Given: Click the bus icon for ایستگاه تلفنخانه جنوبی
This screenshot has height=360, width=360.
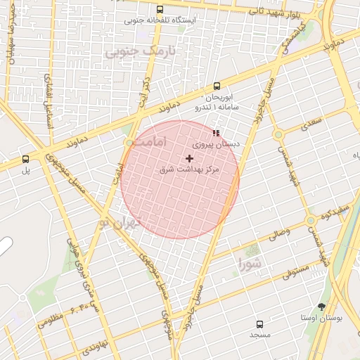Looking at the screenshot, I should (160, 10).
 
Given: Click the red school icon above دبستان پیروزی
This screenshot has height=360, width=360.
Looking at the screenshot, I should (216, 132).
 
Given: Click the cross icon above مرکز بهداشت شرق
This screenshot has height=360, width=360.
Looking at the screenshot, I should (189, 159).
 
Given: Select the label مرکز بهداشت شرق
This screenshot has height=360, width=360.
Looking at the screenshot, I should (190, 170).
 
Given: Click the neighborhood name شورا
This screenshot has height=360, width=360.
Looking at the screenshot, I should (250, 264).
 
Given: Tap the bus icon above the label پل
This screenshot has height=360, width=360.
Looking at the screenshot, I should (26, 159).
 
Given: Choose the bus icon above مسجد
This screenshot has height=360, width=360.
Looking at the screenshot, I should (259, 324).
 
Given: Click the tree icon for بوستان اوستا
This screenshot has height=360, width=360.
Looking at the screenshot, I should (321, 307).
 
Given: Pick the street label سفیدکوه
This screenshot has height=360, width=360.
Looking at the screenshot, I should (337, 212).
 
